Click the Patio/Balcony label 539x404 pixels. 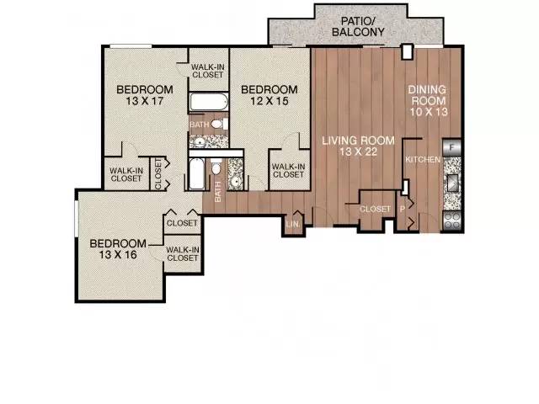tap(358, 26)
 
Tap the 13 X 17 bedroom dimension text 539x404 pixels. tap(144, 101)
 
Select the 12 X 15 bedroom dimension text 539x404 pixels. tap(269, 101)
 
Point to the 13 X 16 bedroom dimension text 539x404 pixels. tap(118, 255)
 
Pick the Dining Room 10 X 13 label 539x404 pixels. tap(428, 101)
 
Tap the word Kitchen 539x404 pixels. tap(423, 160)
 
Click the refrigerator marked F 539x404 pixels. tap(452, 148)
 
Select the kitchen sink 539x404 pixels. tap(453, 183)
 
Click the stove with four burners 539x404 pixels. tap(452, 221)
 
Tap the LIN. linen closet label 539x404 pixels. tap(292, 224)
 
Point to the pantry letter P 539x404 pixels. tap(403, 209)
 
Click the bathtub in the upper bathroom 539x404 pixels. tap(208, 102)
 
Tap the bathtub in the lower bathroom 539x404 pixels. tap(196, 173)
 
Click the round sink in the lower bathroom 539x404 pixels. tap(236, 182)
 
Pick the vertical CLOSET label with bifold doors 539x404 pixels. tap(158, 174)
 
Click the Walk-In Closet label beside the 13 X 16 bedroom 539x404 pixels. tap(183, 254)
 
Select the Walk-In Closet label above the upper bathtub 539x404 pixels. tap(208, 71)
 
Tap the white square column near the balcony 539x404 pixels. tap(408, 52)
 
